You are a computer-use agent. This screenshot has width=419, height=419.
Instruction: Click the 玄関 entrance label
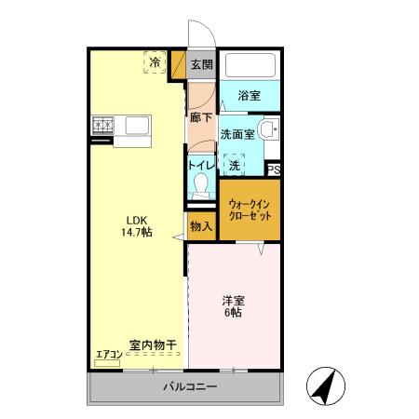200,64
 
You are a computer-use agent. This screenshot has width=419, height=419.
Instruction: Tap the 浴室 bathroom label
249,95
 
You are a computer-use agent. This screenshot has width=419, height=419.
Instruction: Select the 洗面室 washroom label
237,134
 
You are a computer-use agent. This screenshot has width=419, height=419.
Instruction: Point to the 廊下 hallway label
201,117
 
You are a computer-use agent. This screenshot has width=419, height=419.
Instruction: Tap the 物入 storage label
201,226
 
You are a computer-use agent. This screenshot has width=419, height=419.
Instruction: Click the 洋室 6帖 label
232,306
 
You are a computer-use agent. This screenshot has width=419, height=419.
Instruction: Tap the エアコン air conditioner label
108,353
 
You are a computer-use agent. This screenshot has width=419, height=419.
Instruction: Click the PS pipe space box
274,169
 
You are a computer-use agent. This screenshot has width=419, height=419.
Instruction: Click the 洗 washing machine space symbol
235,164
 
